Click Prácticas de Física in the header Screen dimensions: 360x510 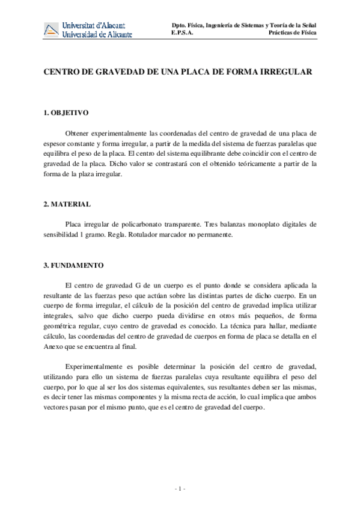click(293, 33)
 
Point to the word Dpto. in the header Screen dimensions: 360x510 click(180, 25)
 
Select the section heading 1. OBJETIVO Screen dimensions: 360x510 click(67, 112)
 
